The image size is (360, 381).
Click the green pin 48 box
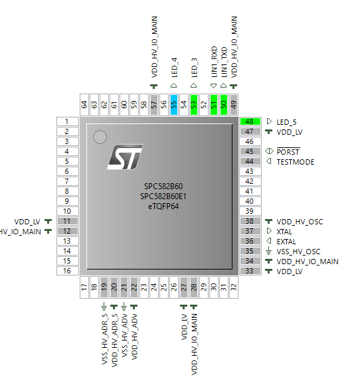pyautogui.click(x=250, y=122)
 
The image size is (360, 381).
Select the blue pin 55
pyautogui.click(x=174, y=104)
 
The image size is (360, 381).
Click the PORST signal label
pyautogui.click(x=288, y=152)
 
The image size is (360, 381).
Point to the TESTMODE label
pyautogui.click(x=296, y=162)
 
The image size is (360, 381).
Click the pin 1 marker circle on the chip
pyautogui.click(x=100, y=137)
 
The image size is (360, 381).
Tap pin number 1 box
pyautogui.click(x=68, y=121)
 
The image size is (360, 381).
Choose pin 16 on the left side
pyautogui.click(x=68, y=271)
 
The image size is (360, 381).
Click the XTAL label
pyautogui.click(x=284, y=232)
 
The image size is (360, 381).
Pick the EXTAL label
pyautogui.click(x=286, y=242)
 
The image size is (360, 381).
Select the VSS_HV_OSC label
pyautogui.click(x=298, y=252)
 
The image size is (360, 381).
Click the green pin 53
pyautogui.click(x=194, y=104)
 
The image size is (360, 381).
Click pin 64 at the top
pyautogui.click(x=84, y=104)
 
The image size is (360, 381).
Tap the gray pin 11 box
pyautogui.click(x=68, y=221)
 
